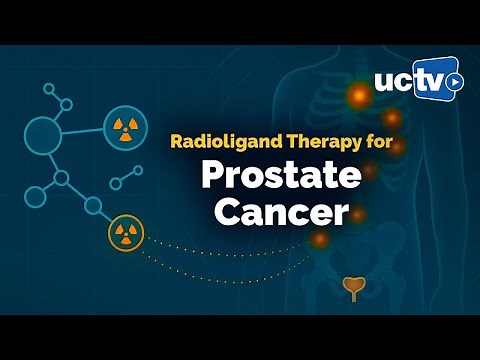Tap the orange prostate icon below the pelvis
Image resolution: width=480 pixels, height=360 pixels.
click(351, 289)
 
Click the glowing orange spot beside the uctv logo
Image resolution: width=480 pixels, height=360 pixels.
click(357, 96)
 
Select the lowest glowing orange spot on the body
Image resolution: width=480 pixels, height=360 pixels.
click(319, 240)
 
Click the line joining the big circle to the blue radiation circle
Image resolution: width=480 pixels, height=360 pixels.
click(85, 132)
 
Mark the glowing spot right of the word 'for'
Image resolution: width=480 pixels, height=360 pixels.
click(397, 146)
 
